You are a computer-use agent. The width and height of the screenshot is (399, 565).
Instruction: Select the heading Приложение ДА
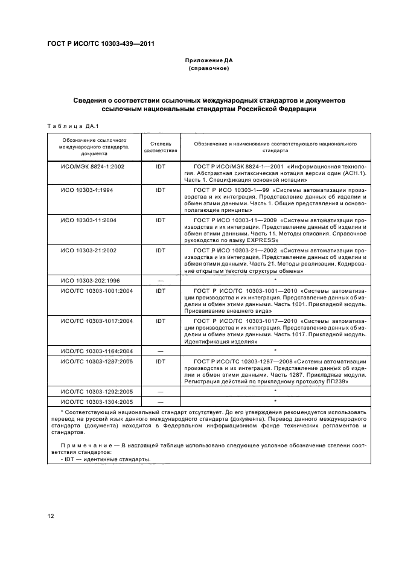[x=208, y=61]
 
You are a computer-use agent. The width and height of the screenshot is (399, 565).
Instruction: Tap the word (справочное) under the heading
[x=208, y=69]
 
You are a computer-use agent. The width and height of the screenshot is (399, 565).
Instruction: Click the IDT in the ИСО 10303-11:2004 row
[x=160, y=220]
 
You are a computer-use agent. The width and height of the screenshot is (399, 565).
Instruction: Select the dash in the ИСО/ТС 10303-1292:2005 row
[x=160, y=392]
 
